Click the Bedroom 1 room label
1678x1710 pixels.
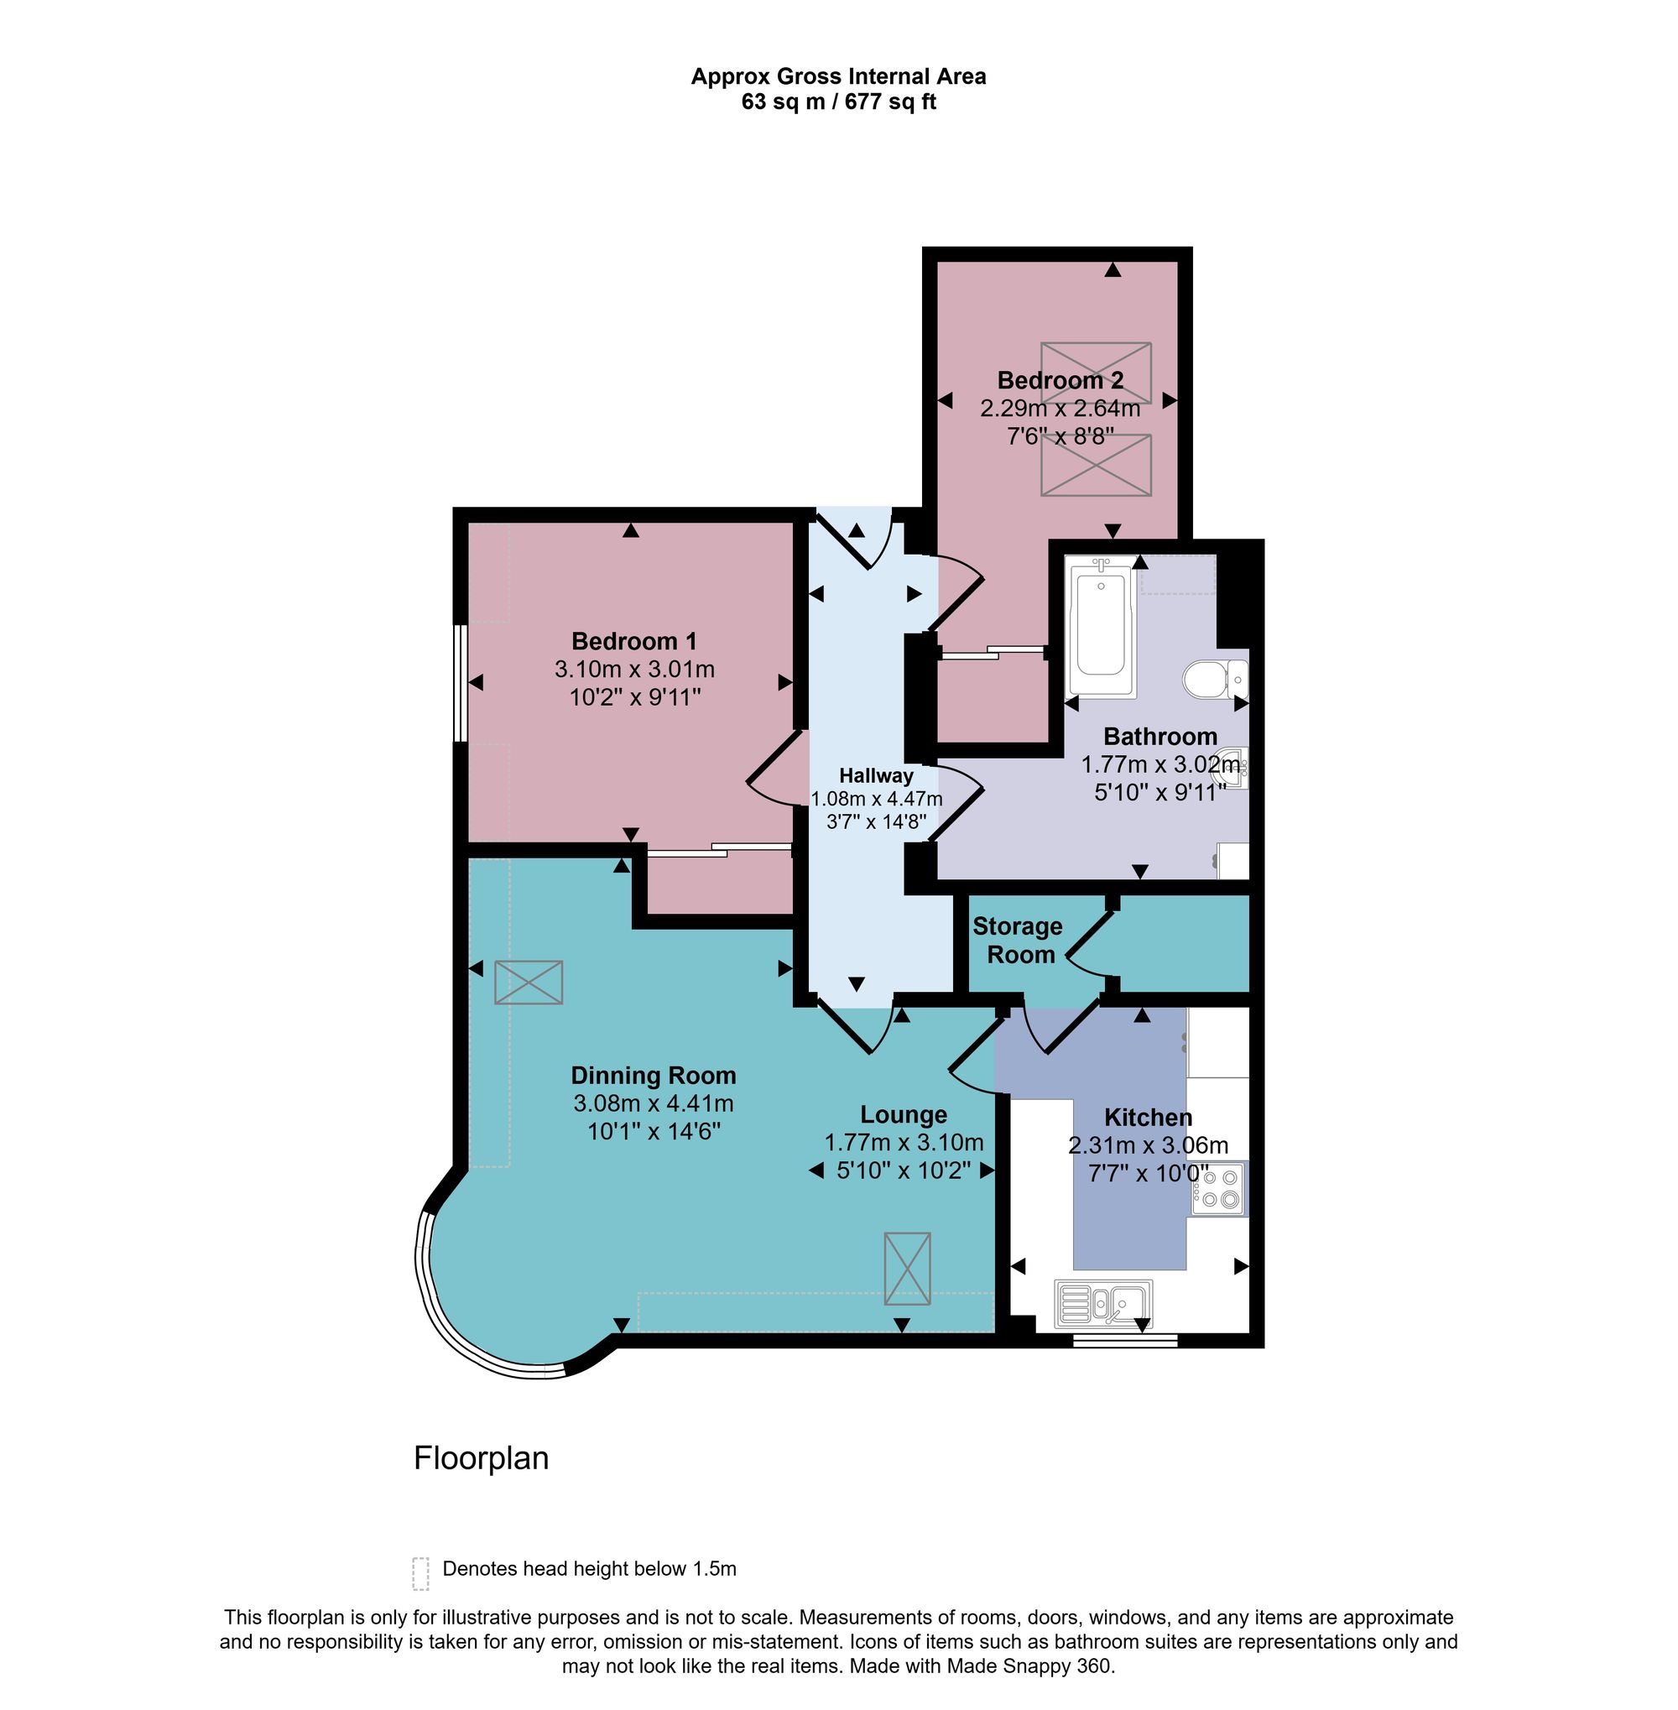[633, 641]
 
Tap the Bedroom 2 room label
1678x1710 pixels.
[1060, 380]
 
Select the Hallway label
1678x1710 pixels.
[876, 775]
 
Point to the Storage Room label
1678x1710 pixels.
[1018, 940]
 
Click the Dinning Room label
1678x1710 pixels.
[653, 1076]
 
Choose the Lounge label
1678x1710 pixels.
[904, 1115]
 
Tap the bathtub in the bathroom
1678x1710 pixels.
[1100, 627]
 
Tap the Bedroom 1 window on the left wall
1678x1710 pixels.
[460, 683]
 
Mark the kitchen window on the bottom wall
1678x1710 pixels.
[1124, 1341]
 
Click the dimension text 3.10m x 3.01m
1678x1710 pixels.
[634, 669]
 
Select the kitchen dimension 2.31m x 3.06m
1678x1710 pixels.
[1149, 1145]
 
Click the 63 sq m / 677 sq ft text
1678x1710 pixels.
[838, 102]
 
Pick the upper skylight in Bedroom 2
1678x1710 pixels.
[1096, 373]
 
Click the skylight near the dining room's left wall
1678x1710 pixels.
[529, 982]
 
